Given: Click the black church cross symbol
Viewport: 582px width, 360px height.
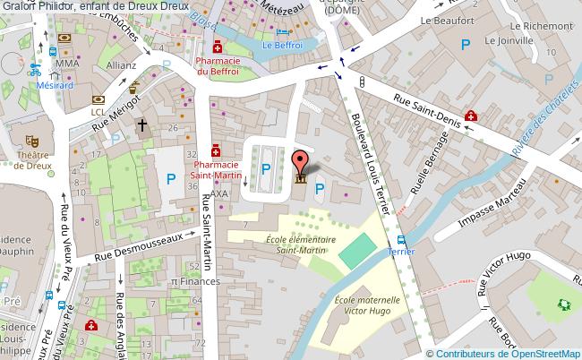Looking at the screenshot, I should coord(141,126).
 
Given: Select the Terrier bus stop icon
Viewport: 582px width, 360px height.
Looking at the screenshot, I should coord(401,239).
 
